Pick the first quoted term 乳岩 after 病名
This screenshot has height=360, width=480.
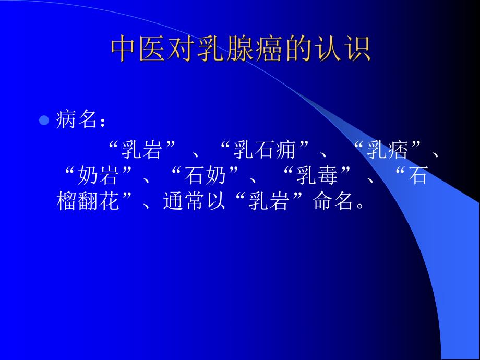pos(141,151)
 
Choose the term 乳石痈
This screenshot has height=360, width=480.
pos(265,151)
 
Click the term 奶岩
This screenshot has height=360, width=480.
pos(97,176)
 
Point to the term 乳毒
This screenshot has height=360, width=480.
pos(317,176)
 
